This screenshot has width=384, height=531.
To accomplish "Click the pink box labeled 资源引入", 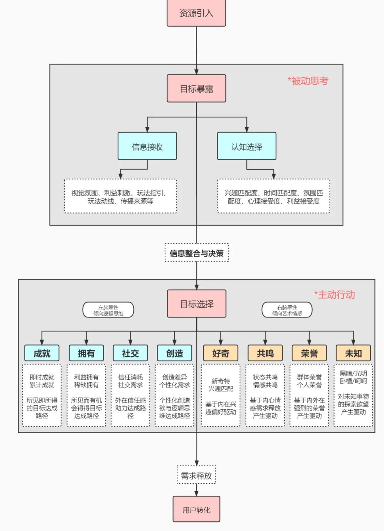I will (196, 13).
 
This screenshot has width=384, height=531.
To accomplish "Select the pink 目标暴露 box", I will (196, 89).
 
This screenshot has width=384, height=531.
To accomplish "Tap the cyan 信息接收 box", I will (147, 146).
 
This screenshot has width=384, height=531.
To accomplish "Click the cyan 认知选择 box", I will (246, 146).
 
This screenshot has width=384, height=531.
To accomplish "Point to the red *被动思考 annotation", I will (308, 81).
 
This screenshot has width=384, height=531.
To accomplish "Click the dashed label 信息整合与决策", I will (196, 253).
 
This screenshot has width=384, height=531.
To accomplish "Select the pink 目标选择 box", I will (196, 304).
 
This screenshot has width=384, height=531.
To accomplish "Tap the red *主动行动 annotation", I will (334, 295).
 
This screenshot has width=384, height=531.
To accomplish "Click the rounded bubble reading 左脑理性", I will (108, 310).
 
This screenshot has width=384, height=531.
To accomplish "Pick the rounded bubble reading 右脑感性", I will (287, 310).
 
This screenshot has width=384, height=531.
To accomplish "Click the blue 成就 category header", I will (42, 353).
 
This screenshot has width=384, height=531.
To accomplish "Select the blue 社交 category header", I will (130, 353).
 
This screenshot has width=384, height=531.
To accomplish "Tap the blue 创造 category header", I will (175, 353).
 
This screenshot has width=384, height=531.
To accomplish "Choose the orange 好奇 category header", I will (220, 353).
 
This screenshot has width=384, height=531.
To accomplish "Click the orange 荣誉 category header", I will (309, 353).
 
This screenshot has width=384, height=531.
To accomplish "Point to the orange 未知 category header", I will (353, 353).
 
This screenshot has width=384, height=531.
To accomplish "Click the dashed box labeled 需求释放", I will (196, 475).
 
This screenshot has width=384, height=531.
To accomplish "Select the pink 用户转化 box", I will (196, 510).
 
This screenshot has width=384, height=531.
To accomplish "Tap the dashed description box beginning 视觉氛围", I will (121, 196).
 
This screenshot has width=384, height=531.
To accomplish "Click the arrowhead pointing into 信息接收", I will (147, 130).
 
